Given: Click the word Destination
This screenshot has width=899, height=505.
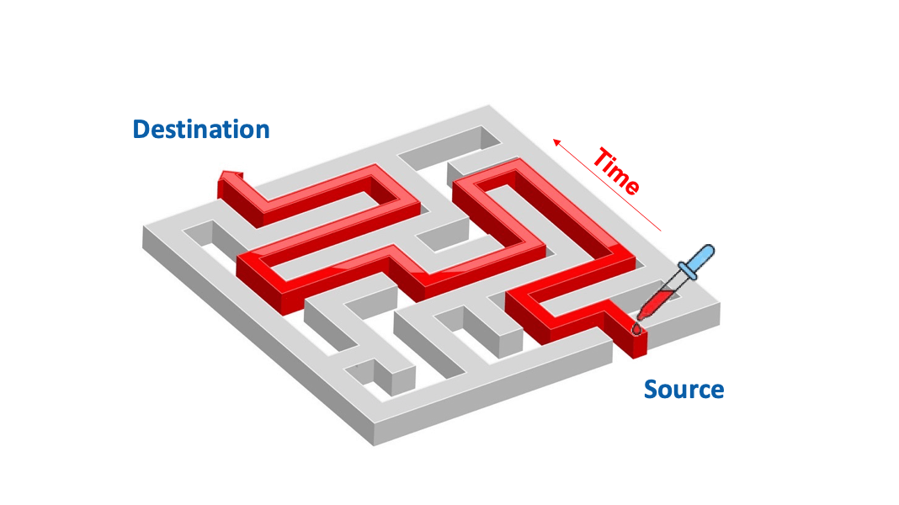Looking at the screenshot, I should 201,130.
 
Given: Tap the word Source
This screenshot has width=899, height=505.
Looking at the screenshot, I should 684,390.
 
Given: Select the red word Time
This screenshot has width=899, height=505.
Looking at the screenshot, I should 616,171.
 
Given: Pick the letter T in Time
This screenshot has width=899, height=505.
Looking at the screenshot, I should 600,157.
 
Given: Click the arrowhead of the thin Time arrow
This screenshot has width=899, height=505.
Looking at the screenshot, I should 555,141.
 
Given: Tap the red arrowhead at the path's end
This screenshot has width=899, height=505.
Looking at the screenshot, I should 230,177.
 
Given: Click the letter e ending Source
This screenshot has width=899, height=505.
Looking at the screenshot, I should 716,391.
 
